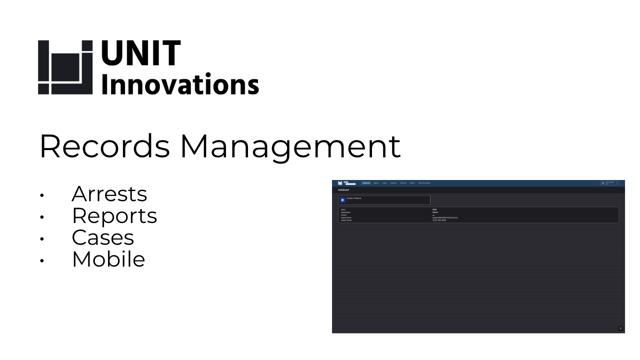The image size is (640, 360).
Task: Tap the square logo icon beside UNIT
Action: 65,67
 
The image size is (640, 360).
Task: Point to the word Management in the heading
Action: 290,146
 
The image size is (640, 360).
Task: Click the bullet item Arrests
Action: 109,194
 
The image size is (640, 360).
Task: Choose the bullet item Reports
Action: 114,215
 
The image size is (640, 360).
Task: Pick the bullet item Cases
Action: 102,237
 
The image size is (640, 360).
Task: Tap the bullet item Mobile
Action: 108,259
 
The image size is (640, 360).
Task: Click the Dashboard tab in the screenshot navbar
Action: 366,183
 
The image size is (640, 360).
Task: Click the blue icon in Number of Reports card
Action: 341,200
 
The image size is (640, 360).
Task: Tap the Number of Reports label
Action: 354,198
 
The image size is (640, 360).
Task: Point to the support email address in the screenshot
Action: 445,217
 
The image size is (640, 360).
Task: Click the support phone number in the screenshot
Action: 439,220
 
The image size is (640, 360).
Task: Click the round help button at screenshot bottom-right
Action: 620,328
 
